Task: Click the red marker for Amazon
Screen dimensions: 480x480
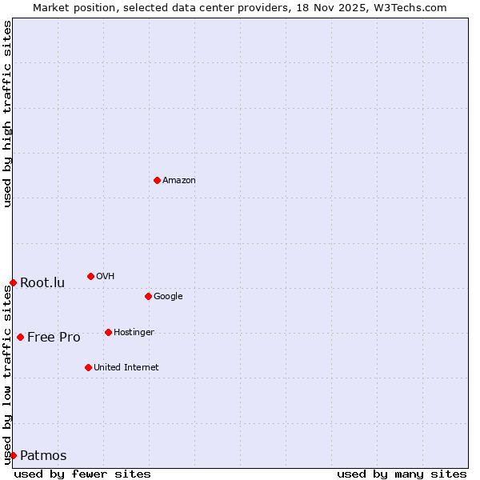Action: (x=157, y=180)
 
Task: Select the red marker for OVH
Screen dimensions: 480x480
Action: (x=90, y=276)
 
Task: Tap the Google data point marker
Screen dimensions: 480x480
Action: (x=148, y=296)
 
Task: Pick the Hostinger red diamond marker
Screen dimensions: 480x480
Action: (x=108, y=332)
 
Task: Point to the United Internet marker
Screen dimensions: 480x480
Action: (x=88, y=367)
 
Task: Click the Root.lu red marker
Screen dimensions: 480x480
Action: (x=13, y=282)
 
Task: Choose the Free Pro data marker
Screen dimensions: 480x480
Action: (x=20, y=337)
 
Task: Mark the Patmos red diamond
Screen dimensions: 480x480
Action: (x=13, y=455)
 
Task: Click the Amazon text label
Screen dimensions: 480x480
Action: (x=179, y=181)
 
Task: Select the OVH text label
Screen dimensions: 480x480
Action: (x=106, y=277)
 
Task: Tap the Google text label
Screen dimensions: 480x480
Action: (x=168, y=297)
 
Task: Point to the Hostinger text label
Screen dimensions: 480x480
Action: (x=134, y=333)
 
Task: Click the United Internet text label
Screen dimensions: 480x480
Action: (x=126, y=368)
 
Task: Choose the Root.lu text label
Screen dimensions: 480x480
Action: (x=42, y=282)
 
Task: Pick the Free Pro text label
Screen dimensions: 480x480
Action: (x=54, y=337)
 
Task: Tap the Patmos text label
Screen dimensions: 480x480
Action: (x=43, y=456)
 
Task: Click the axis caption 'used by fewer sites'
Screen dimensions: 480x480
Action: (x=82, y=474)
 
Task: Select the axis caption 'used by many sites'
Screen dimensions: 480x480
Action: (x=402, y=474)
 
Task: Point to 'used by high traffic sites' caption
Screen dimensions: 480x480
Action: (x=7, y=114)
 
